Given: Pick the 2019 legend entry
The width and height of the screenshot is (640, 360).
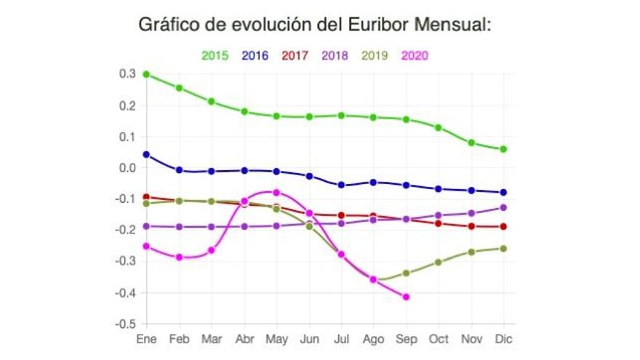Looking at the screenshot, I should click(374, 55).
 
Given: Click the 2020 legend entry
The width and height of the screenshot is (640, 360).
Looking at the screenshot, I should click(414, 55).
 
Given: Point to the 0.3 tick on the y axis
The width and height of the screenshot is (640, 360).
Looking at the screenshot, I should click(128, 74).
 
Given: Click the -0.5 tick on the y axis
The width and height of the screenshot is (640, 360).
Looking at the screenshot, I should click(127, 324).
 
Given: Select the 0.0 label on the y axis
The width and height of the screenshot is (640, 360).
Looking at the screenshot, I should click(128, 168).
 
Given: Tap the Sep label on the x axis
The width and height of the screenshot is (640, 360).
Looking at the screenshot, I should click(406, 339).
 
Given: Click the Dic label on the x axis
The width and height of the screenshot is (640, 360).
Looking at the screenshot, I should click(503, 339).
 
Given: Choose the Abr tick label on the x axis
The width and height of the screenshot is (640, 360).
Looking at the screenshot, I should click(244, 339).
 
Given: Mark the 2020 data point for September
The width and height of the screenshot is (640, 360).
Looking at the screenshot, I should click(406, 297).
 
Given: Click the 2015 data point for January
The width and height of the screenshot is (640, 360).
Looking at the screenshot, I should click(147, 74).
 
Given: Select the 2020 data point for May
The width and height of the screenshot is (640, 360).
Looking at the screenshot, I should click(276, 192).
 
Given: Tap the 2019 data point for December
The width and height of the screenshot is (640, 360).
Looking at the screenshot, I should click(503, 249).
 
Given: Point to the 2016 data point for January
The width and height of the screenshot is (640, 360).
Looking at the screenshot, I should click(147, 154).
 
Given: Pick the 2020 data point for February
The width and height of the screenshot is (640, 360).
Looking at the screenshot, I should click(180, 257).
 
